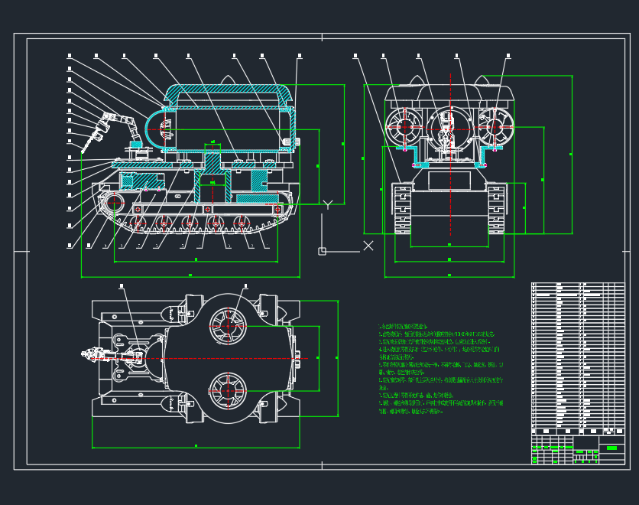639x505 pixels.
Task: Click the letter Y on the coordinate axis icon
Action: tap(327, 204)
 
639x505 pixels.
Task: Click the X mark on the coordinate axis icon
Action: tap(368, 246)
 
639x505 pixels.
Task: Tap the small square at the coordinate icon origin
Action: tap(323, 251)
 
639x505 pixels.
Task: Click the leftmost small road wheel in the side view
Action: tap(138, 223)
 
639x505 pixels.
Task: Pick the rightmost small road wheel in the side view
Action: tap(242, 223)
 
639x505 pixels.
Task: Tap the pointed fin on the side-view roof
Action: tap(228, 80)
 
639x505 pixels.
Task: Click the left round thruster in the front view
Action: tap(404, 127)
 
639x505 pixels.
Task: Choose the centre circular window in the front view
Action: tap(449, 127)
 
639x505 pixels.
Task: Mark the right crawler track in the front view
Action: tap(496, 208)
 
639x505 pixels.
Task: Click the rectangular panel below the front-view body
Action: tap(449, 181)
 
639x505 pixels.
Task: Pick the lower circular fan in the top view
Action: tap(227, 389)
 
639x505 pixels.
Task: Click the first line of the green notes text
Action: tap(405, 326)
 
